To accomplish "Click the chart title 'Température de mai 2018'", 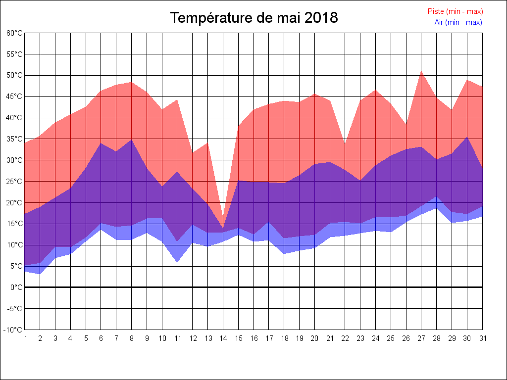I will [x=254, y=18].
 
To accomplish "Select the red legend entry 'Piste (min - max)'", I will [x=455, y=11].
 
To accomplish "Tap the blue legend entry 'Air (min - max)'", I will [x=458, y=22].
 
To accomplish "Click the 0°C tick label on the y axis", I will [x=16, y=287].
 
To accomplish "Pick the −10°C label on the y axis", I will [x=13, y=330].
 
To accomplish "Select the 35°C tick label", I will [x=14, y=139].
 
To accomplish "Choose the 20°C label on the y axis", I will [x=14, y=202].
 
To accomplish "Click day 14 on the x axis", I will [x=223, y=338].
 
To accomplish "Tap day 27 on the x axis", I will [x=421, y=338].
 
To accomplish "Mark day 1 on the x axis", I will [x=25, y=338].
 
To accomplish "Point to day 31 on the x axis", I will [x=482, y=338].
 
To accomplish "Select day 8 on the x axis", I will [x=132, y=338].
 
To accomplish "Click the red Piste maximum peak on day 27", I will [x=421, y=71].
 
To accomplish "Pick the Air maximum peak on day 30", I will [x=467, y=137].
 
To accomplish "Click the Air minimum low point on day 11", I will [x=177, y=262].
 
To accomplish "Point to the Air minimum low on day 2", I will [x=40, y=274].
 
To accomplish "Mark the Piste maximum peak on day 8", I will [x=132, y=82].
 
